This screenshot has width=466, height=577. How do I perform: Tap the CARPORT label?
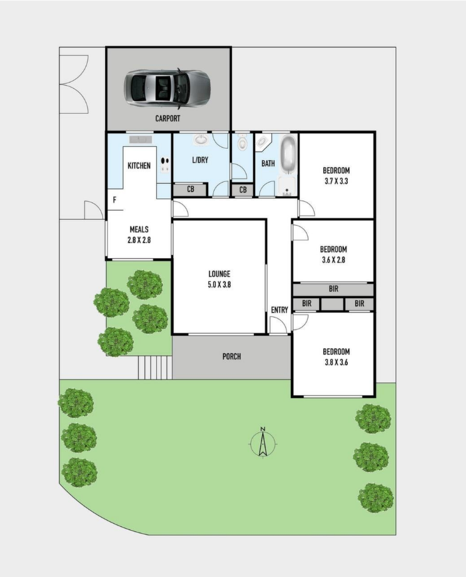(168, 119)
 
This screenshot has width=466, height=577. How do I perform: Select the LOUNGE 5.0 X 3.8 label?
(220, 279)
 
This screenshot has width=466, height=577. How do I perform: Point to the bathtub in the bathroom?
(288, 154)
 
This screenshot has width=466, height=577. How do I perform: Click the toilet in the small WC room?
(242, 143)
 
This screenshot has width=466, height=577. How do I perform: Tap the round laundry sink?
(201, 140)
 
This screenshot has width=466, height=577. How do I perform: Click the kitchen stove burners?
(165, 165)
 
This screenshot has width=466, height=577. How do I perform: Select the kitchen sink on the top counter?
(140, 139)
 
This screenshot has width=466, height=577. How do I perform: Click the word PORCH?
(231, 356)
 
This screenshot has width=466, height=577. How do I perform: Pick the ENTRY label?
(280, 310)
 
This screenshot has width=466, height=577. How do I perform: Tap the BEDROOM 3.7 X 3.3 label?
(336, 176)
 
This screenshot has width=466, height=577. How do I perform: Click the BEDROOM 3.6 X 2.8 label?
(333, 254)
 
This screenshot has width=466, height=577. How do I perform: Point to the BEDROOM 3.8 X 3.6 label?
(336, 356)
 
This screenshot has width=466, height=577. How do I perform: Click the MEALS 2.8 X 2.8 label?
(139, 234)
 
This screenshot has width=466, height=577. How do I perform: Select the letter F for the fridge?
(115, 200)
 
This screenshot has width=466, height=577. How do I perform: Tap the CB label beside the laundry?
(190, 189)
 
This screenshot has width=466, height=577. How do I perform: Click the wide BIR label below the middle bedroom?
(333, 289)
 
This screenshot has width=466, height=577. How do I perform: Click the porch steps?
(155, 367)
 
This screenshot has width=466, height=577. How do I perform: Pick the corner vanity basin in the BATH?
(263, 142)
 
